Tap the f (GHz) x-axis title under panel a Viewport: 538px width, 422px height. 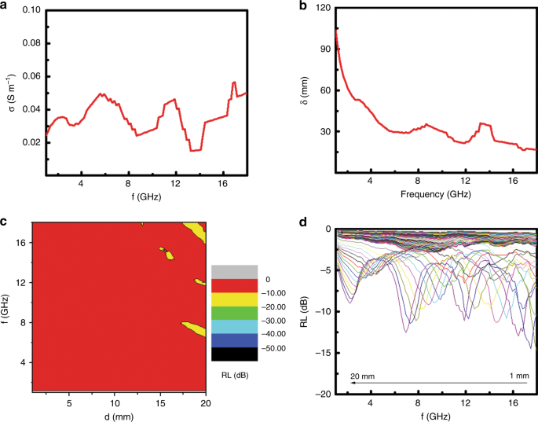coord(145,197)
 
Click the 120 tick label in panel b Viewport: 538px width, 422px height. coord(321,9)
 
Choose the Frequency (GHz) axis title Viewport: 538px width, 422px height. coord(434,193)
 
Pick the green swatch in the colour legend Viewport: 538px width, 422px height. coord(234,313)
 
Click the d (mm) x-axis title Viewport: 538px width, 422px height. coord(115,414)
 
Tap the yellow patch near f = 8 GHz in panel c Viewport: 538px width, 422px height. coord(195,328)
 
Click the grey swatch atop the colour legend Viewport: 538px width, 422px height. coord(234,271)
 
